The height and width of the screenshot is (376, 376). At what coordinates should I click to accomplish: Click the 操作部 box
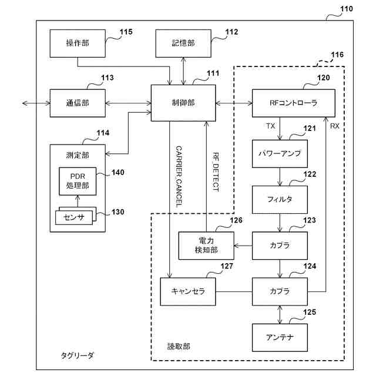coord(78,43)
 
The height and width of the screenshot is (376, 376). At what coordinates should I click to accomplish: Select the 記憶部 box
coord(183,43)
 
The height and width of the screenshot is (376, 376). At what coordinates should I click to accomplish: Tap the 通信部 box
coord(78,103)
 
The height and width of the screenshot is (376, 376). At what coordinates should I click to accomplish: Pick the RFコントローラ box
coord(293,103)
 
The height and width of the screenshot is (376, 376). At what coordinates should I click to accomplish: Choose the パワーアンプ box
coord(280,153)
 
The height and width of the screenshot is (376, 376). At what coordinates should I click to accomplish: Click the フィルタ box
coord(280,199)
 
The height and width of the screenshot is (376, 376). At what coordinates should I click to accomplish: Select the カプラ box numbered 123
coord(280,246)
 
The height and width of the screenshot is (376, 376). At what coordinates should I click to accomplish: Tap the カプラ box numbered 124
coord(280,291)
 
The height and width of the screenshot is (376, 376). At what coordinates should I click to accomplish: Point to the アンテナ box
coord(280,337)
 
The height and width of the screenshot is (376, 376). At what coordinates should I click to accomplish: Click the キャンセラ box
coord(187,291)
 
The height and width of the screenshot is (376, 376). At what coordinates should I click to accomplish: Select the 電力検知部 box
coord(206,246)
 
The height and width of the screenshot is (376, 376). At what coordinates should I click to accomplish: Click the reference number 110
coord(347,9)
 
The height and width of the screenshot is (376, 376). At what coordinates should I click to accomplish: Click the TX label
coord(271,126)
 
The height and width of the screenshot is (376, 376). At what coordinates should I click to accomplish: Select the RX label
coord(334,126)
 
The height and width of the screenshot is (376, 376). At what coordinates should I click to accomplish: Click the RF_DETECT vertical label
coord(216,174)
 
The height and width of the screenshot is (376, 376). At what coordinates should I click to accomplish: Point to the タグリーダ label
coord(78,355)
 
